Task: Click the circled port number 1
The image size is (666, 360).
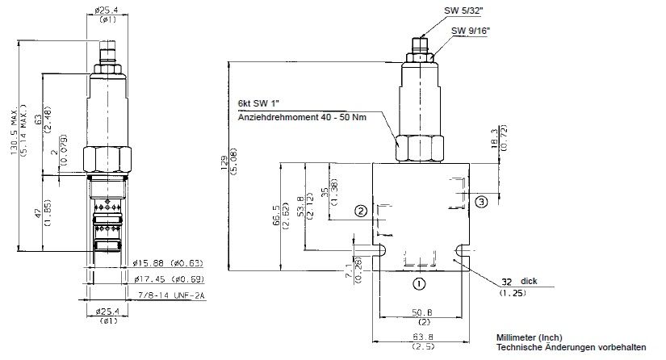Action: coord(418,283)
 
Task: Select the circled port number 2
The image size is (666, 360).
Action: coord(362,211)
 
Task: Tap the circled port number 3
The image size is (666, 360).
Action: coord(481,201)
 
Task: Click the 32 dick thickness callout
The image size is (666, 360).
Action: coord(517,282)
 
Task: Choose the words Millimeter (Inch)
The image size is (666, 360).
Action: coord(531,337)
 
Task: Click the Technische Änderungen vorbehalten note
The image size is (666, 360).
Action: coord(572,347)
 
